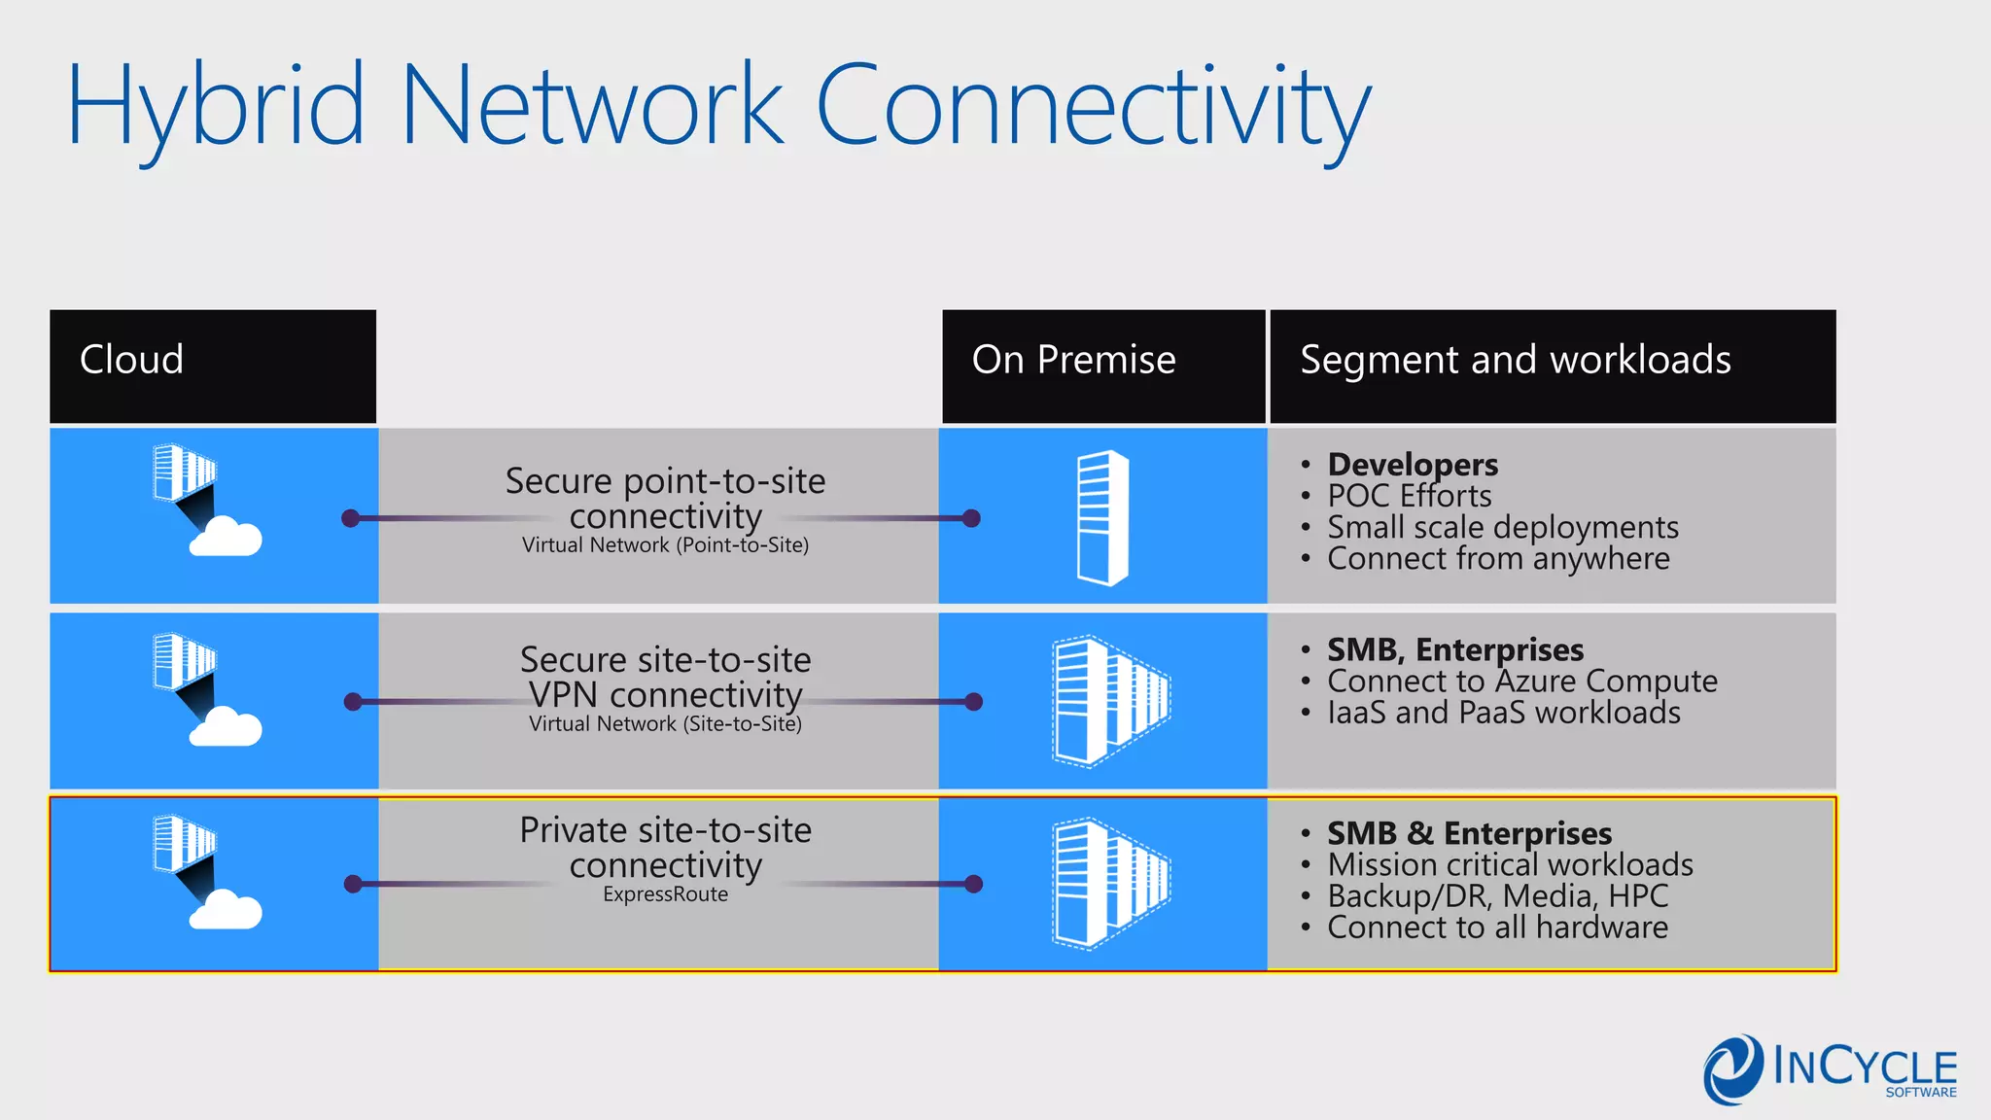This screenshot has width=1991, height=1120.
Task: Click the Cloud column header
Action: coord(131,360)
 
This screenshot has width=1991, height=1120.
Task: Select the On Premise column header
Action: coord(1073,360)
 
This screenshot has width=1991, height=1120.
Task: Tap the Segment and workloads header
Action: coord(1515,360)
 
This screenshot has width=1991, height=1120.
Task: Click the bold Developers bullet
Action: coord(1412,465)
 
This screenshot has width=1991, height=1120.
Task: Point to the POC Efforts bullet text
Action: coord(1409,496)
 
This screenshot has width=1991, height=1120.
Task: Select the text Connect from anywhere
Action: coord(1497,559)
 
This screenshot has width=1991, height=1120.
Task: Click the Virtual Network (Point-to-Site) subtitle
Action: coord(665,545)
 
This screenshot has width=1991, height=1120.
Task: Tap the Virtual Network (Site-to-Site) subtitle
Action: coord(665,724)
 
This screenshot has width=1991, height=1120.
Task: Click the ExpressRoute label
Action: coord(665,894)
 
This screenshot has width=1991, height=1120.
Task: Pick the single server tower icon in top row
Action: coord(1102,517)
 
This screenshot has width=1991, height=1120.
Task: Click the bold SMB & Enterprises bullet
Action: coord(1468,833)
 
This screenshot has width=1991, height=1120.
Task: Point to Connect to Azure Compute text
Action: coord(1521,681)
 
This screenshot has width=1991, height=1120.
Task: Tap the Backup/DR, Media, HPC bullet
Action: coord(1497,895)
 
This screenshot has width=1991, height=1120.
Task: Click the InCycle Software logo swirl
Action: coord(1732,1069)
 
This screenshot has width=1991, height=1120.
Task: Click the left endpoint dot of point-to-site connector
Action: coord(351,518)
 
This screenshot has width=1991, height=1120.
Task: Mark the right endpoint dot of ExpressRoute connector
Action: coord(973,884)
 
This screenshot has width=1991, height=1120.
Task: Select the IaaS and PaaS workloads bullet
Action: coord(1503,713)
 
